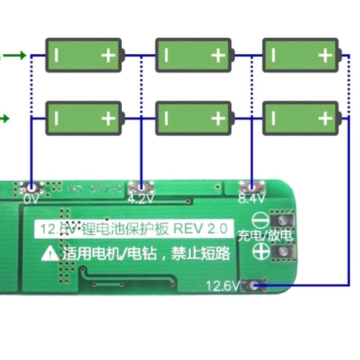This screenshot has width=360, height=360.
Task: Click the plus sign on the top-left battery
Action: click(108, 55)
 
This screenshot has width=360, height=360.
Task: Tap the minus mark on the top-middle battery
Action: click(166, 55)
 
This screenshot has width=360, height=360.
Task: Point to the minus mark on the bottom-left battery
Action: click(57, 118)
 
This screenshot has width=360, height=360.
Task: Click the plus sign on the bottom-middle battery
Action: click(218, 118)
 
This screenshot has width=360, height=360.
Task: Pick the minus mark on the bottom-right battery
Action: click(274, 118)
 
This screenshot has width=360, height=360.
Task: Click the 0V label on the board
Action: click(32, 199)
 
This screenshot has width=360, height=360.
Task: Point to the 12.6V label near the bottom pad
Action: click(223, 285)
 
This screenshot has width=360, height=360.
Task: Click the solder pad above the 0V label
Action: click(31, 186)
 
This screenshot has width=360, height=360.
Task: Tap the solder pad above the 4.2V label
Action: click(141, 186)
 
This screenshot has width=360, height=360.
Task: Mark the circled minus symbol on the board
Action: click(261, 220)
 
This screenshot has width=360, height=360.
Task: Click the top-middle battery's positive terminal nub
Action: click(232, 55)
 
